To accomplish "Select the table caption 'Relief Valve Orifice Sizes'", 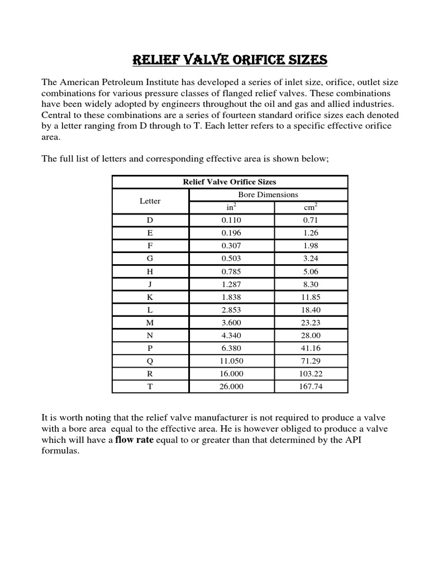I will click(x=230, y=182).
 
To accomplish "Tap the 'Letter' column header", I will click(x=150, y=201).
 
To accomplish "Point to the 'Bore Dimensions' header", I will click(x=268, y=194).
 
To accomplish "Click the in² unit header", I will click(x=232, y=207).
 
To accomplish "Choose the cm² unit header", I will click(x=310, y=207).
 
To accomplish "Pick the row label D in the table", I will click(x=150, y=220).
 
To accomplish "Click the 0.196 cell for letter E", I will click(x=232, y=233).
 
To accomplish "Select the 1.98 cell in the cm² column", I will click(x=310, y=246).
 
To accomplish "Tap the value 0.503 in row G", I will click(x=232, y=259).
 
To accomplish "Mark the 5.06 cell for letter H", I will click(x=310, y=271).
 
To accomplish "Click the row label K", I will click(x=150, y=297).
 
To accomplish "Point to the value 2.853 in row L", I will click(x=232, y=310).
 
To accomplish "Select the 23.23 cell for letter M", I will click(x=310, y=323).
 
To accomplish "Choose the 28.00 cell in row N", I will click(x=310, y=335).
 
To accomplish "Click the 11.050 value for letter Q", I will click(x=232, y=361).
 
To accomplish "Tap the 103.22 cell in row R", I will click(x=310, y=374).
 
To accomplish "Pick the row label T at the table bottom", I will click(x=150, y=387).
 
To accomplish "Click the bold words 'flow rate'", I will click(x=134, y=440).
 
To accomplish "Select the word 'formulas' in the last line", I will click(x=60, y=451).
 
